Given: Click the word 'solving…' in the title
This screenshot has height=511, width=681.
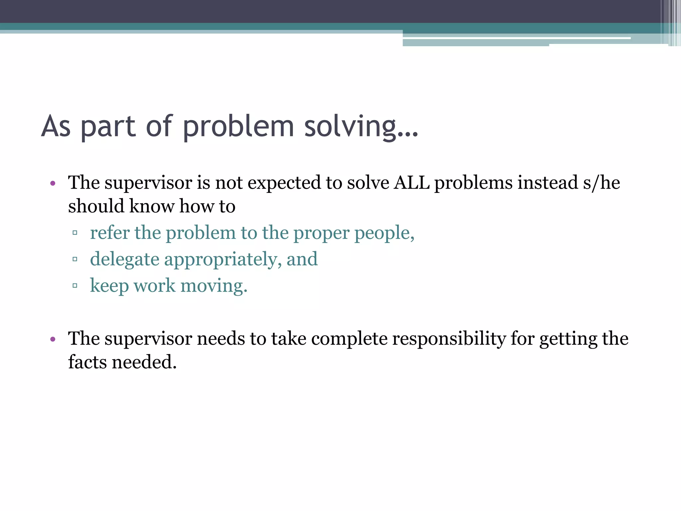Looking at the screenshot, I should (361, 126).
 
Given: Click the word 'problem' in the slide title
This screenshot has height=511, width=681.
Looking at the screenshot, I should (238, 126).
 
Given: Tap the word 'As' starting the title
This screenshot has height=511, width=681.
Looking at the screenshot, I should (56, 126).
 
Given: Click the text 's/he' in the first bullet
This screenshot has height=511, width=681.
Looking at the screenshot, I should (601, 183).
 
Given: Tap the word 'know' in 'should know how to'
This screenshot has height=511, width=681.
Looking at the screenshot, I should (151, 206).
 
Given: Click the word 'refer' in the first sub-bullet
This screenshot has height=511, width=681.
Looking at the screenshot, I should (110, 233).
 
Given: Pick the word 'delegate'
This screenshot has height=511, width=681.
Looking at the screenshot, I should (125, 259).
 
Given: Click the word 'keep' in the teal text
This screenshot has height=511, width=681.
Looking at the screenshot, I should (109, 286).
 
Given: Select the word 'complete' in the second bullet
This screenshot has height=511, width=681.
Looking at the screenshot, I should (349, 339).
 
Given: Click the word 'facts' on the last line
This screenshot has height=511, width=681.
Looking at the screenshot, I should (87, 362).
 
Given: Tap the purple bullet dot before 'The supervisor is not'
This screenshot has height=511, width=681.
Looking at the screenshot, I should (53, 183).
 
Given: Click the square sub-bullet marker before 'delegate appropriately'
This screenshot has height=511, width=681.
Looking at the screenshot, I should (75, 259).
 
